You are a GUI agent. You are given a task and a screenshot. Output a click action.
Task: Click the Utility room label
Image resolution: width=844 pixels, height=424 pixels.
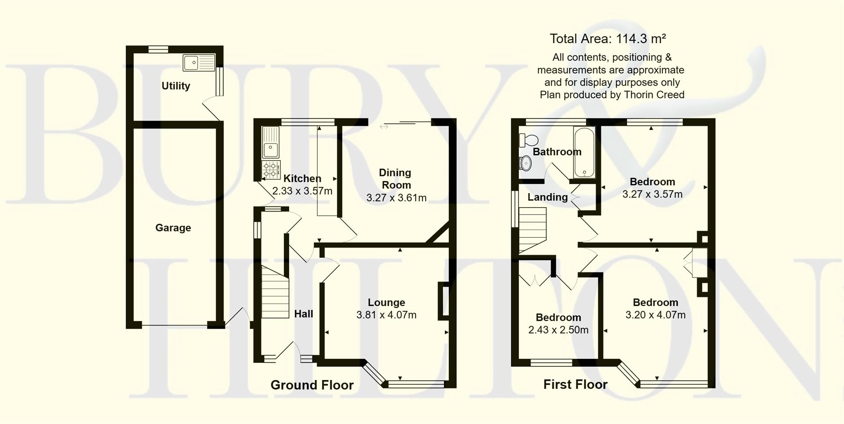[176, 86]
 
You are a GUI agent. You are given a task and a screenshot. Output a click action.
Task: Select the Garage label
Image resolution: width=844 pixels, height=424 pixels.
[173, 228]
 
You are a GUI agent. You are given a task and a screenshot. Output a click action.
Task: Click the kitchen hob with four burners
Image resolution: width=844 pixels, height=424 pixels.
[271, 170]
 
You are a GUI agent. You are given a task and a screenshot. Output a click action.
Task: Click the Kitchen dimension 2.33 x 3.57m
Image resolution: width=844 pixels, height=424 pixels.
[302, 191]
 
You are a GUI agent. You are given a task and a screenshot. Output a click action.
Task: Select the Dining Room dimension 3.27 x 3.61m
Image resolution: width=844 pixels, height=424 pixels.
[396, 198]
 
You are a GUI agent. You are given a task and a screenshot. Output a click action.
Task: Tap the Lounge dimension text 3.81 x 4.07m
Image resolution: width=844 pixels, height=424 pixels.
[386, 315]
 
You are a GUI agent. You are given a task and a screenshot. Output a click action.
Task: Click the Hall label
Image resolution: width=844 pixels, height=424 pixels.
[303, 314]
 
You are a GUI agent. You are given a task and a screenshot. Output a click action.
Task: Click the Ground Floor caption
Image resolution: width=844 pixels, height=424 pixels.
[312, 385]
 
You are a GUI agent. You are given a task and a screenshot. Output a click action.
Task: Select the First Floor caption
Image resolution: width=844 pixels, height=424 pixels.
[575, 384]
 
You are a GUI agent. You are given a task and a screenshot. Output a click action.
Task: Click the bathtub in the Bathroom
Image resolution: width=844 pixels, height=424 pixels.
[584, 152]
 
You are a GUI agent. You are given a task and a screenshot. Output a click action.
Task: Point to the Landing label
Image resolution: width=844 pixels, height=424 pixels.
[547, 197]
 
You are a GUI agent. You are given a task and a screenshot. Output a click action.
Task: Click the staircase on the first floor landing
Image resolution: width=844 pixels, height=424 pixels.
[532, 230]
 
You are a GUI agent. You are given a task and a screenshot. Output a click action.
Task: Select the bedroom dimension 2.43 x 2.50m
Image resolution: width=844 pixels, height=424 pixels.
[558, 330]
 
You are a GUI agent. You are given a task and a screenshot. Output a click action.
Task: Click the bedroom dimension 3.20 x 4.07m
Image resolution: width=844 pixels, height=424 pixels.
[655, 315]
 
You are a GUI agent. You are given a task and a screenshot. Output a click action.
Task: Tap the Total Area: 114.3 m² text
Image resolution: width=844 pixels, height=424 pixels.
[608, 39]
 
